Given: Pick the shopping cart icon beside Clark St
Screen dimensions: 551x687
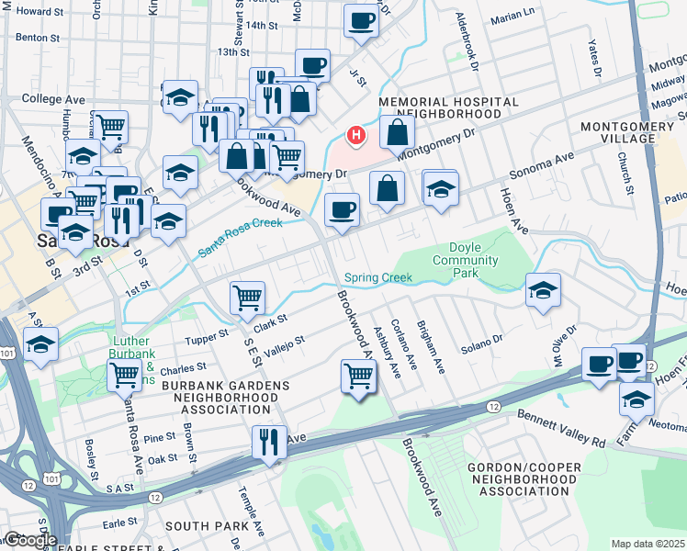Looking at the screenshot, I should pyautogui.click(x=247, y=298).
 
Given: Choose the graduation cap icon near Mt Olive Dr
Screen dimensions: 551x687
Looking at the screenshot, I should pyautogui.click(x=543, y=290).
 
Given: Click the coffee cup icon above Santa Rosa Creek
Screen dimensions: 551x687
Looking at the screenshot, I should pyautogui.click(x=343, y=209).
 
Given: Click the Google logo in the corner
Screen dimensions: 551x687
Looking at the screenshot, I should pyautogui.click(x=29, y=540).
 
